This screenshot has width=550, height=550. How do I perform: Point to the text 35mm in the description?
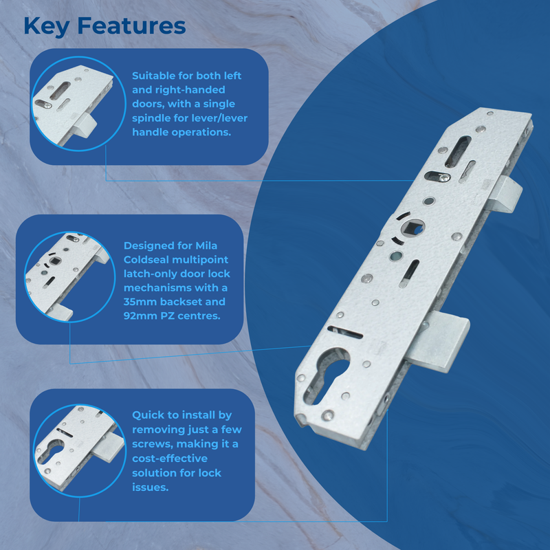[x=140, y=302]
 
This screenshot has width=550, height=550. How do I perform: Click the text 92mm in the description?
[x=140, y=317]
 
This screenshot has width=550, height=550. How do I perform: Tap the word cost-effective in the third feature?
[x=170, y=459]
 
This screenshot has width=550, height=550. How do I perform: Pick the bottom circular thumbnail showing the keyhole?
[x=73, y=446]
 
